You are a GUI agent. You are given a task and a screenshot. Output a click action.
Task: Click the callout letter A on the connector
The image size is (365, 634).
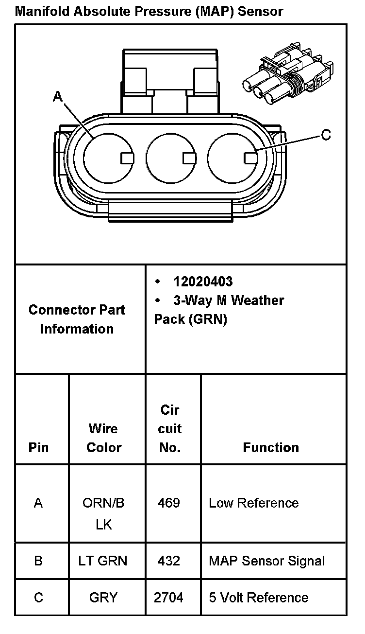click(58, 97)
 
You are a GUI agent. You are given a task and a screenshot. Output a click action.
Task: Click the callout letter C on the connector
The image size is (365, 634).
click(326, 135)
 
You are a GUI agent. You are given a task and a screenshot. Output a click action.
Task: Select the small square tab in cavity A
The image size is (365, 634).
click(127, 158)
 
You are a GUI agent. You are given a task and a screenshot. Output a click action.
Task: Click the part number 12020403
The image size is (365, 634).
click(203, 282)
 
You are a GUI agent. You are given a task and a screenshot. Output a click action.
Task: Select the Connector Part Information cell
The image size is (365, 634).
click(77, 319)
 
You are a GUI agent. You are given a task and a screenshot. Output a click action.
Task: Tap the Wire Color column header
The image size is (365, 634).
click(103, 438)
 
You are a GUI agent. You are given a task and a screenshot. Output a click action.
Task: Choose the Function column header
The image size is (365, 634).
click(271, 447)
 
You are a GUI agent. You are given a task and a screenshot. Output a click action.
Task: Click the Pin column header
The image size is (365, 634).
click(39, 447)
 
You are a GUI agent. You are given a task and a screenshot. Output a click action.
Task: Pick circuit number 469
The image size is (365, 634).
click(169, 503)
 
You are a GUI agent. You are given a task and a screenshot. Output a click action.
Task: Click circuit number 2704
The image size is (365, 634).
click(169, 598)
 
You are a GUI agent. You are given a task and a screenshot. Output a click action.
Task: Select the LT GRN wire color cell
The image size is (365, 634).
click(103, 561)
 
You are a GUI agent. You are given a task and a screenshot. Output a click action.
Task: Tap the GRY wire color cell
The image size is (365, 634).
click(103, 598)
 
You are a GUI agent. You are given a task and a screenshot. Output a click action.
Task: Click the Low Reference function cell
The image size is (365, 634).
click(253, 503)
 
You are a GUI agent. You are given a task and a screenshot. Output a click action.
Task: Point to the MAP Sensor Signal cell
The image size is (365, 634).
click(266, 561)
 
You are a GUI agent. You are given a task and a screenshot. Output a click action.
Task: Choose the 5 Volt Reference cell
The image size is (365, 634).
click(258, 598)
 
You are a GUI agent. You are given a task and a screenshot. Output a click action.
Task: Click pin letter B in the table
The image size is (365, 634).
click(38, 561)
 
